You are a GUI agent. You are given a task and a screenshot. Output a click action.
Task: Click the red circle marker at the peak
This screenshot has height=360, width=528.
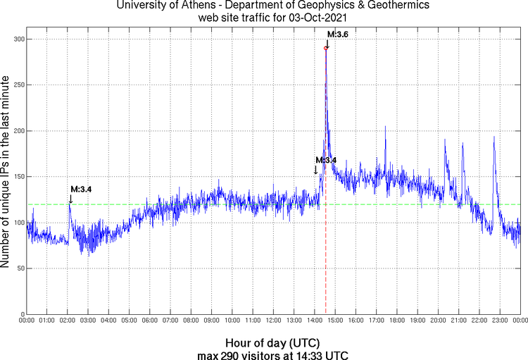click(x=325, y=48)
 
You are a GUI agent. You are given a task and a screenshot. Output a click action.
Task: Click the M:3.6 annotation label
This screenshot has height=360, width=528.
click(x=338, y=34)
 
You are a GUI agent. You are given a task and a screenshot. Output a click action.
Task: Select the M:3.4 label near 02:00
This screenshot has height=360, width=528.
click(x=81, y=189)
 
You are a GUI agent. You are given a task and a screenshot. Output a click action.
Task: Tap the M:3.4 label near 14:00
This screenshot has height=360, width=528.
click(x=326, y=160)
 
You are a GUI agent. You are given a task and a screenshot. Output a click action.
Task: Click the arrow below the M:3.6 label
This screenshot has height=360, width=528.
click(x=327, y=43)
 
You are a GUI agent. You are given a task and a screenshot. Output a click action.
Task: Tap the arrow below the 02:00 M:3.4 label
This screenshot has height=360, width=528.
click(x=70, y=199)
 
